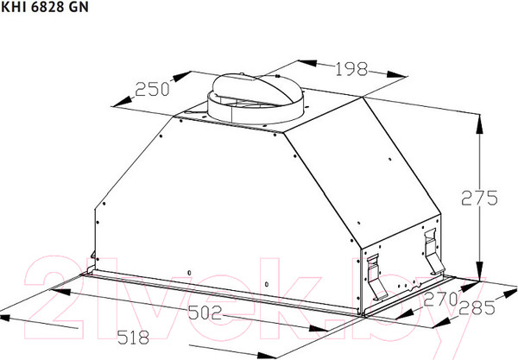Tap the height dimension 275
point(478,198)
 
